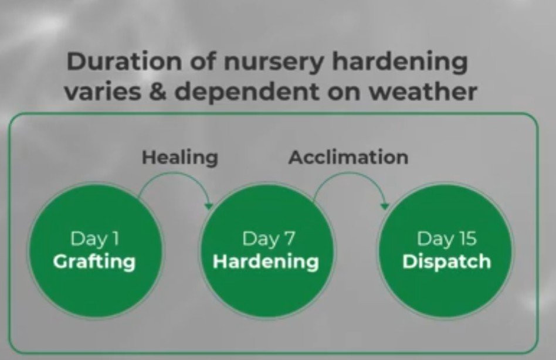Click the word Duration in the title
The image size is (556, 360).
(x=124, y=62)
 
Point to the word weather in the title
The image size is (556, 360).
(x=422, y=91)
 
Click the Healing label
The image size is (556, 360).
(x=180, y=158)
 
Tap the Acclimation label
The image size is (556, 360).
(x=348, y=157)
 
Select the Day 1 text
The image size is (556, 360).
(x=94, y=239)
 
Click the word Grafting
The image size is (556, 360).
(x=94, y=262)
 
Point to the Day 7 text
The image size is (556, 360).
(x=269, y=239)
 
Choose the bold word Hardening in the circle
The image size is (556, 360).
(x=266, y=262)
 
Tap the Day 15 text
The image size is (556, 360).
(x=446, y=239)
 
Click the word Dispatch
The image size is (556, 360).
(x=446, y=262)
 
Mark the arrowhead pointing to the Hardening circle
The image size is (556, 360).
(x=209, y=206)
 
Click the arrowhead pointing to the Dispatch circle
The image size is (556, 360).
(x=385, y=206)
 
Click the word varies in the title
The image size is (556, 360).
(x=102, y=92)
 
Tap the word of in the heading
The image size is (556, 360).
(x=202, y=62)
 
